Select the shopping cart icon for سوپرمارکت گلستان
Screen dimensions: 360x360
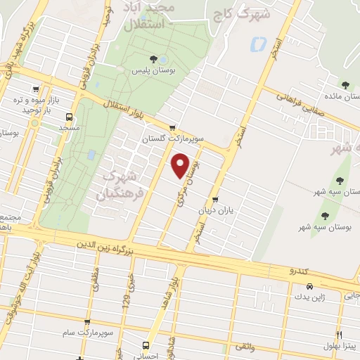pyautogui.click(x=172, y=127)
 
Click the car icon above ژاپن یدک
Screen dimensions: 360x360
pyautogui.click(x=310, y=286)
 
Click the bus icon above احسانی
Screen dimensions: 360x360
pyautogui.click(x=146, y=345)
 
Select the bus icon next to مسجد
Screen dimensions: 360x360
pyautogui.click(x=70, y=117)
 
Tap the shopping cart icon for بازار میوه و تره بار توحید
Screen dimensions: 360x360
pyautogui.click(x=35, y=89)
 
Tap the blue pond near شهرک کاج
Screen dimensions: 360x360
pyautogui.click(x=257, y=44)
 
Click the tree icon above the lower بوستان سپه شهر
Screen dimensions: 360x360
pyautogui.click(x=324, y=215)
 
